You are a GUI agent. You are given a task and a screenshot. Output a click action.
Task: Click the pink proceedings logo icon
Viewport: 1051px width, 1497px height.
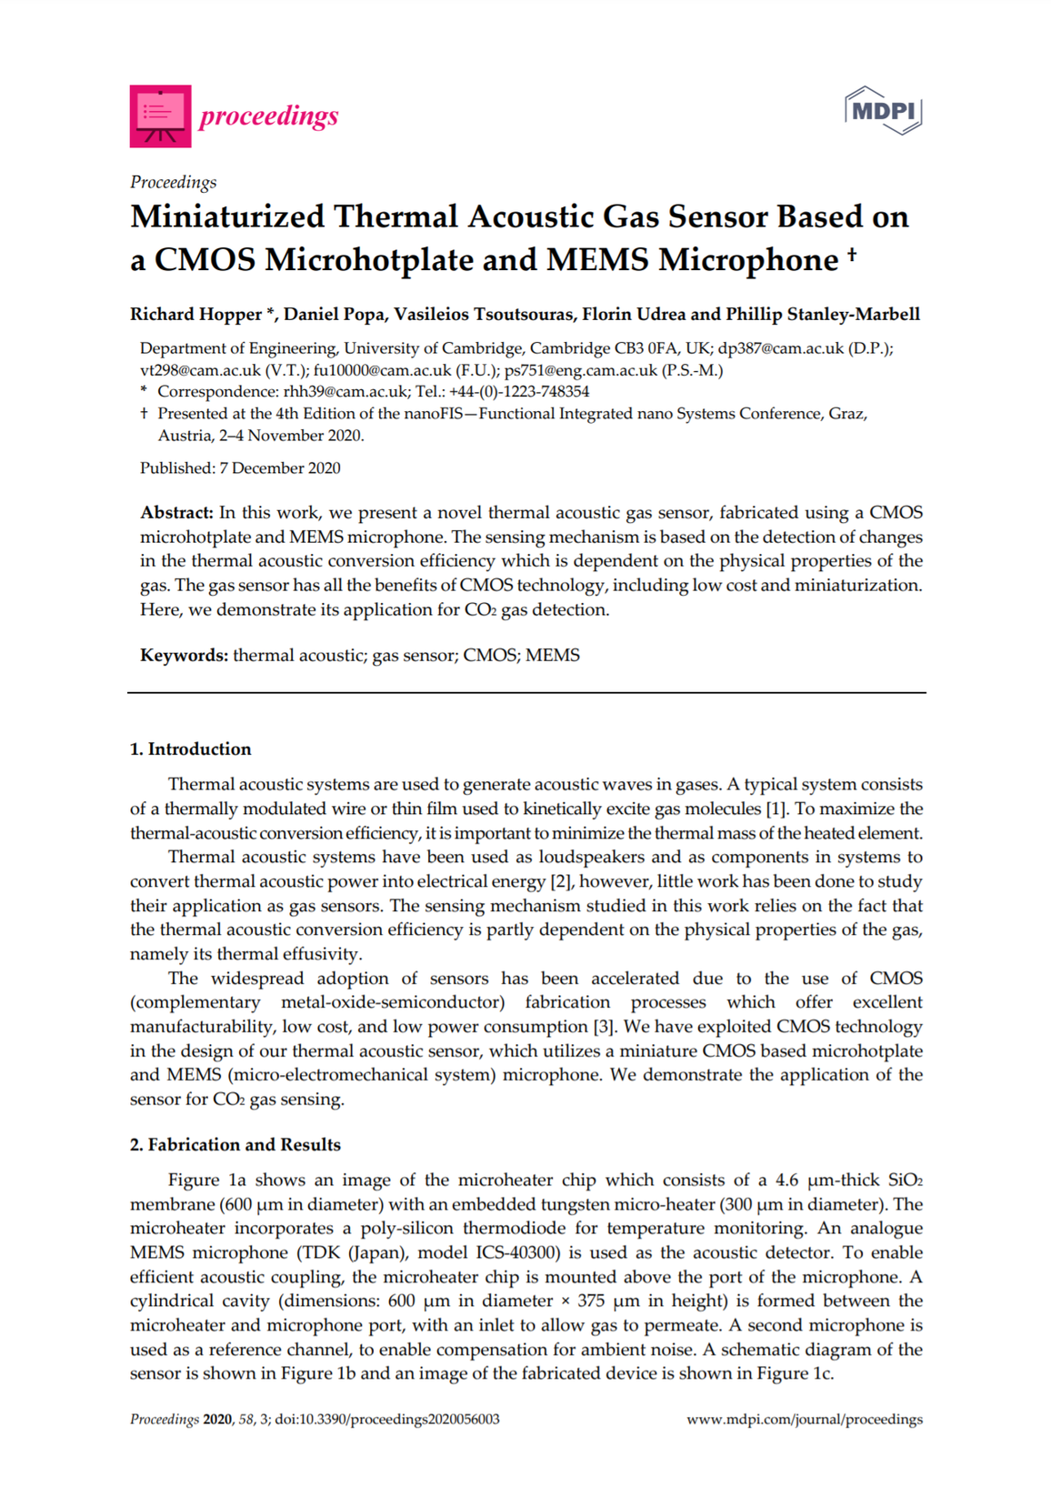click(160, 116)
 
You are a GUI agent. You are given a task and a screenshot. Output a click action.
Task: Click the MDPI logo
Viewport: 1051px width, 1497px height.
click(883, 111)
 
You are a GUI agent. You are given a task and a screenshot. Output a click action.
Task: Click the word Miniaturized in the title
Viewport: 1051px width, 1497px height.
click(227, 217)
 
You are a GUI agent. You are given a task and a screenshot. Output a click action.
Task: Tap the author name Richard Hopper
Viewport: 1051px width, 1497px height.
click(196, 315)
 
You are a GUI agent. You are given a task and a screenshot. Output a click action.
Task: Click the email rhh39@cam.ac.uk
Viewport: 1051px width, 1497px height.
click(345, 392)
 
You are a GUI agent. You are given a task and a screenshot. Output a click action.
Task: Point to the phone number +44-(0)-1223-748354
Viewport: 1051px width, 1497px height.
click(519, 392)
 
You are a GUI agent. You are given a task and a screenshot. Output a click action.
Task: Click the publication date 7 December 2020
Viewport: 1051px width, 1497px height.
click(280, 468)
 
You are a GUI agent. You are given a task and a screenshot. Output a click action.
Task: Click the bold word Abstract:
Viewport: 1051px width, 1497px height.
click(176, 513)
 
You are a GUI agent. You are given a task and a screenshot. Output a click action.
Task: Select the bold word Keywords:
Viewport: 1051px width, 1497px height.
click(184, 656)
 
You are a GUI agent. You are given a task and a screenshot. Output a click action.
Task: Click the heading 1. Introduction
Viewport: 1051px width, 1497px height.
click(190, 749)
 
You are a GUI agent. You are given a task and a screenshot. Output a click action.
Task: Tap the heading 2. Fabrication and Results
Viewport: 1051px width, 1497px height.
click(235, 1145)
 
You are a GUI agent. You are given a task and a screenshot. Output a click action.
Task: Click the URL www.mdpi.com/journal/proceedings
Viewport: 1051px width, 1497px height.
click(804, 1420)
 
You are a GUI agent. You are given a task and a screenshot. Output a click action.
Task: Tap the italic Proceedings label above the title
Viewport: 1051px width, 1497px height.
click(173, 182)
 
